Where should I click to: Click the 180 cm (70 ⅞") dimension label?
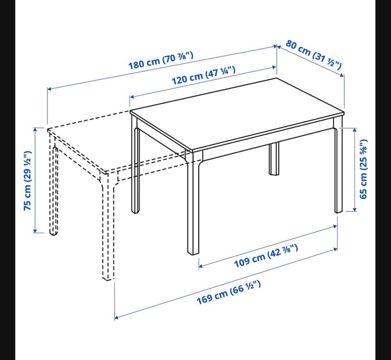[161, 60]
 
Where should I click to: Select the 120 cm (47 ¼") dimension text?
[204, 75]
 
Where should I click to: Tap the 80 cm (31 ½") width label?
[314, 55]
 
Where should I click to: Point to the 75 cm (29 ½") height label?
[28, 180]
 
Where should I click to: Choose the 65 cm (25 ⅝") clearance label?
[363, 169]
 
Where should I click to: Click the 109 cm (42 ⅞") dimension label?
[266, 256]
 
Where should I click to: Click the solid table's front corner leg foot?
[193, 252]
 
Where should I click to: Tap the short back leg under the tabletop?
[274, 158]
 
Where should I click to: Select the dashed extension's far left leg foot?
[53, 234]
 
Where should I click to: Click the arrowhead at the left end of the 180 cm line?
[50, 88]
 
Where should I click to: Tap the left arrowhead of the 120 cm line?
[132, 97]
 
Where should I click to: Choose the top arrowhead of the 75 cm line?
[35, 130]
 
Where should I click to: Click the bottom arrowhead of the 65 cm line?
[355, 209]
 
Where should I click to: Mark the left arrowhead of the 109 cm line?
[201, 266]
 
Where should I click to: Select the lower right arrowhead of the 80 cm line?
[342, 75]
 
